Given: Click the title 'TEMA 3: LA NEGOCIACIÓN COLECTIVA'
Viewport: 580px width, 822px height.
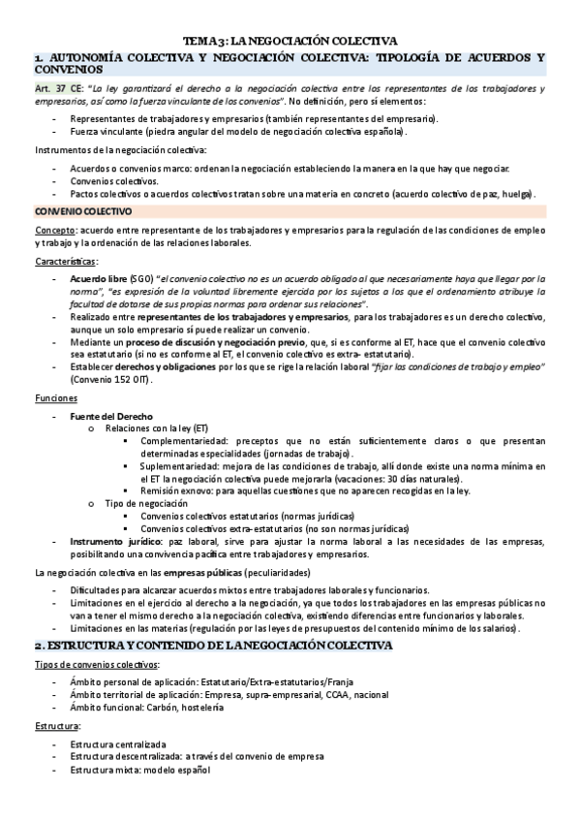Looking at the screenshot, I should click(x=290, y=42).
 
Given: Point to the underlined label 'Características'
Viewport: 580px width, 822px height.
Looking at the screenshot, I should click(x=65, y=262).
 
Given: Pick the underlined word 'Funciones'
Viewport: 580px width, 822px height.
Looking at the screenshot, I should click(x=53, y=398).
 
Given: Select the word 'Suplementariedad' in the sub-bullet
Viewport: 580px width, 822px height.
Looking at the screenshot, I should click(x=181, y=466).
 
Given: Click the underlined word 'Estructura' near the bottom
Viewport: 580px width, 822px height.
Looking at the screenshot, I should click(x=57, y=725).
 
